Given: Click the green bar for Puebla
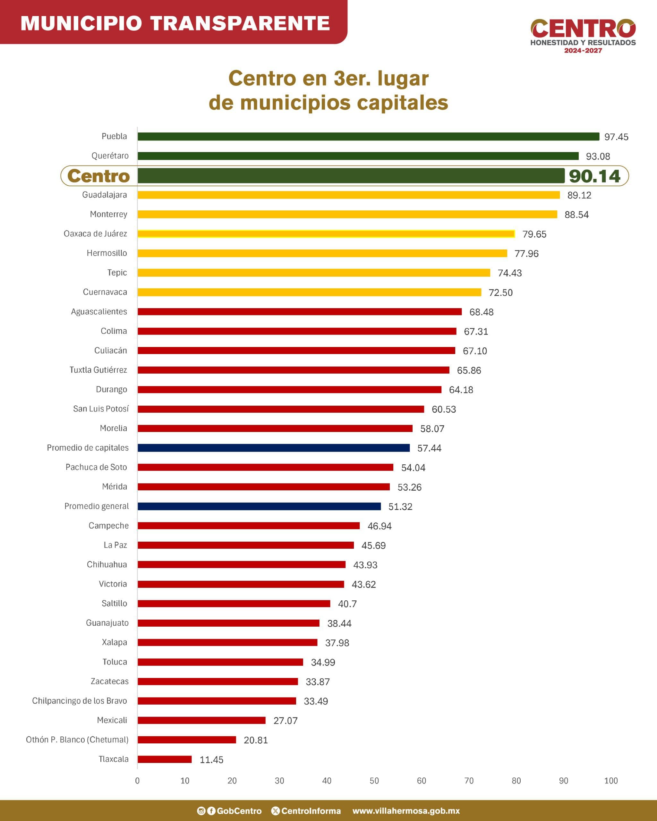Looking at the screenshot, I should tap(368, 136).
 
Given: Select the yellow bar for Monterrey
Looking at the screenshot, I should tap(347, 214).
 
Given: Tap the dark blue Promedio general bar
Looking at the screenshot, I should tap(259, 506).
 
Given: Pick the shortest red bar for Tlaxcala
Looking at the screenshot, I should tap(165, 759).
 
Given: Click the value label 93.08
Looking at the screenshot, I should tap(598, 156).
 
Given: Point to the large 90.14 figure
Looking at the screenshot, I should tap(594, 176).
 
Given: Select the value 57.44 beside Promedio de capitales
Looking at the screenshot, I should tap(429, 448).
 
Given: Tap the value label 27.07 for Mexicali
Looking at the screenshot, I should tap(285, 721).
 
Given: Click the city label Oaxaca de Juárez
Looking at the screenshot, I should tap(95, 233).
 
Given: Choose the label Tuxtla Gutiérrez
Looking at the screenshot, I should tap(98, 370).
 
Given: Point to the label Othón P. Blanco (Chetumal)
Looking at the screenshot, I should tap(77, 740).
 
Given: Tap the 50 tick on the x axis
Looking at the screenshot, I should tap(374, 781).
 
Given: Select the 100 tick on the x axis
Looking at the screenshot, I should tap(610, 781).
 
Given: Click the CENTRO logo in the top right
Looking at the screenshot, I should tap(583, 29).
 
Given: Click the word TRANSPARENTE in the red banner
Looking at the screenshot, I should tap(240, 23).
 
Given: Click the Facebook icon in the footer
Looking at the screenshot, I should tap(211, 811).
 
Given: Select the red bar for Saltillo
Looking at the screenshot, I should tap(234, 604).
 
